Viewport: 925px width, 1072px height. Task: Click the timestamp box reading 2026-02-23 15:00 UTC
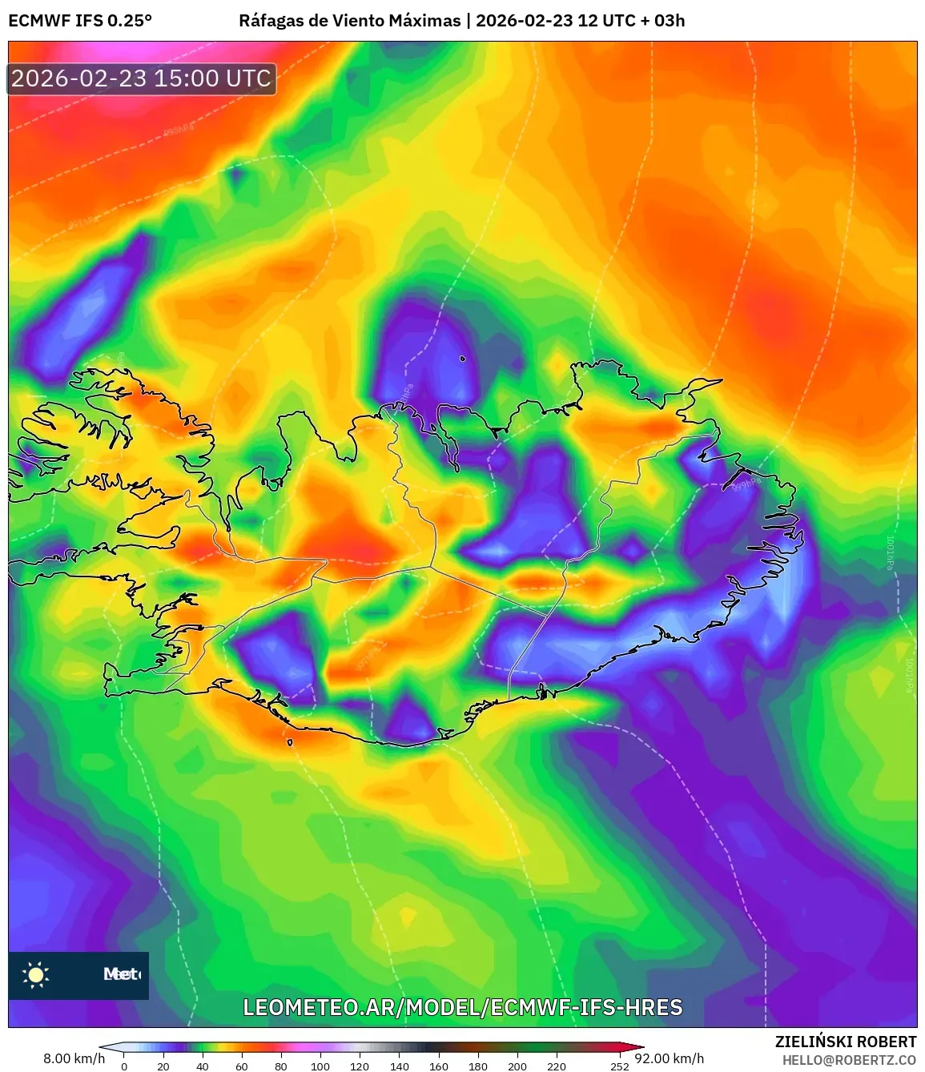[x=142, y=78]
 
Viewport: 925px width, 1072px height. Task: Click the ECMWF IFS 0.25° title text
[x=80, y=21]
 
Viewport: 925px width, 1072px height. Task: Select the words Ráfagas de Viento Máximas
[x=350, y=21]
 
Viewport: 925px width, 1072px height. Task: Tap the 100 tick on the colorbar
[x=320, y=1066]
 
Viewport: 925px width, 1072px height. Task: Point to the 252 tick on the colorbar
[x=620, y=1066]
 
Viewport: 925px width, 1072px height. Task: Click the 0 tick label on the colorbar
[x=123, y=1066]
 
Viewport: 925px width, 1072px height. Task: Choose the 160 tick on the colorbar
[x=438, y=1066]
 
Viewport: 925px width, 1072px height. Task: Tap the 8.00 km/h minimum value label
[x=74, y=1058]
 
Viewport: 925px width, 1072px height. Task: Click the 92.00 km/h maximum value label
[x=670, y=1058]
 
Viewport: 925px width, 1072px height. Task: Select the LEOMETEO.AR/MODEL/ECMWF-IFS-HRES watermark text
[x=463, y=1007]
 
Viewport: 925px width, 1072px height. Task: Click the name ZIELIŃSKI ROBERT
[x=846, y=1042]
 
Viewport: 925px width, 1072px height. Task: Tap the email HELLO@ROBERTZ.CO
[x=849, y=1060]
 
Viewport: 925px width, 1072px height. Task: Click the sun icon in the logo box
[x=36, y=974]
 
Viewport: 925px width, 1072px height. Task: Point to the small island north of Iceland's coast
[x=463, y=359]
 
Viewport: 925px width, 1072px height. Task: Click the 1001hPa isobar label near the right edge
[x=890, y=552]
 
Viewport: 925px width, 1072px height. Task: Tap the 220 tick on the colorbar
[x=557, y=1066]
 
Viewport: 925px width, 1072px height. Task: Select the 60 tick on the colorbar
[x=242, y=1066]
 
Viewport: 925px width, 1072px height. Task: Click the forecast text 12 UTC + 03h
[x=631, y=21]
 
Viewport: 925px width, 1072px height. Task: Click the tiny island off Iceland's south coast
[x=290, y=742]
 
